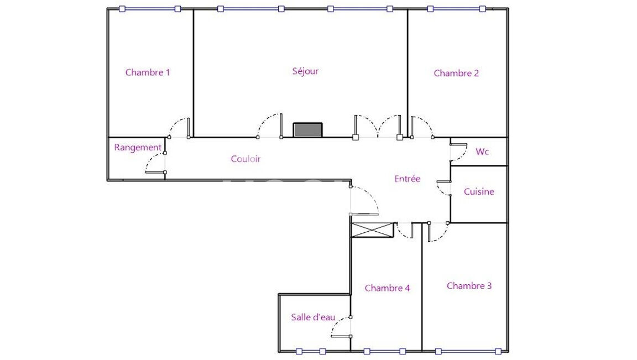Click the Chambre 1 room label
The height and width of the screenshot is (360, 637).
click(148, 72)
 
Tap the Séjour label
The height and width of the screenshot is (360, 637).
click(305, 71)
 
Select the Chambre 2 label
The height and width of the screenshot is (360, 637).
click(456, 73)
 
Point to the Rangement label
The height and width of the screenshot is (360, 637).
click(138, 148)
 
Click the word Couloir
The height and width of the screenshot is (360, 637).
click(246, 159)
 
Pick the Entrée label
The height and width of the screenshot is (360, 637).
click(408, 179)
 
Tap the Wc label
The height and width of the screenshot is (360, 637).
click(482, 152)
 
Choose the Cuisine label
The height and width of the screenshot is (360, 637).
click(479, 191)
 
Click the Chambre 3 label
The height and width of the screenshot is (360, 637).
click(469, 286)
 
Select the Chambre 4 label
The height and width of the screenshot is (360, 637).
click(387, 288)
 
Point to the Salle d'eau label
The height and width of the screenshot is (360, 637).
click(313, 317)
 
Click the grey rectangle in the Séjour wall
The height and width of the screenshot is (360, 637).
click(308, 130)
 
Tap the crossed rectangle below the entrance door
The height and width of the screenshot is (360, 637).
click(373, 230)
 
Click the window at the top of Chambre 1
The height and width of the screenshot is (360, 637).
click(150, 9)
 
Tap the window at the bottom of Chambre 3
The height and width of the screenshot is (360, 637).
click(468, 352)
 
